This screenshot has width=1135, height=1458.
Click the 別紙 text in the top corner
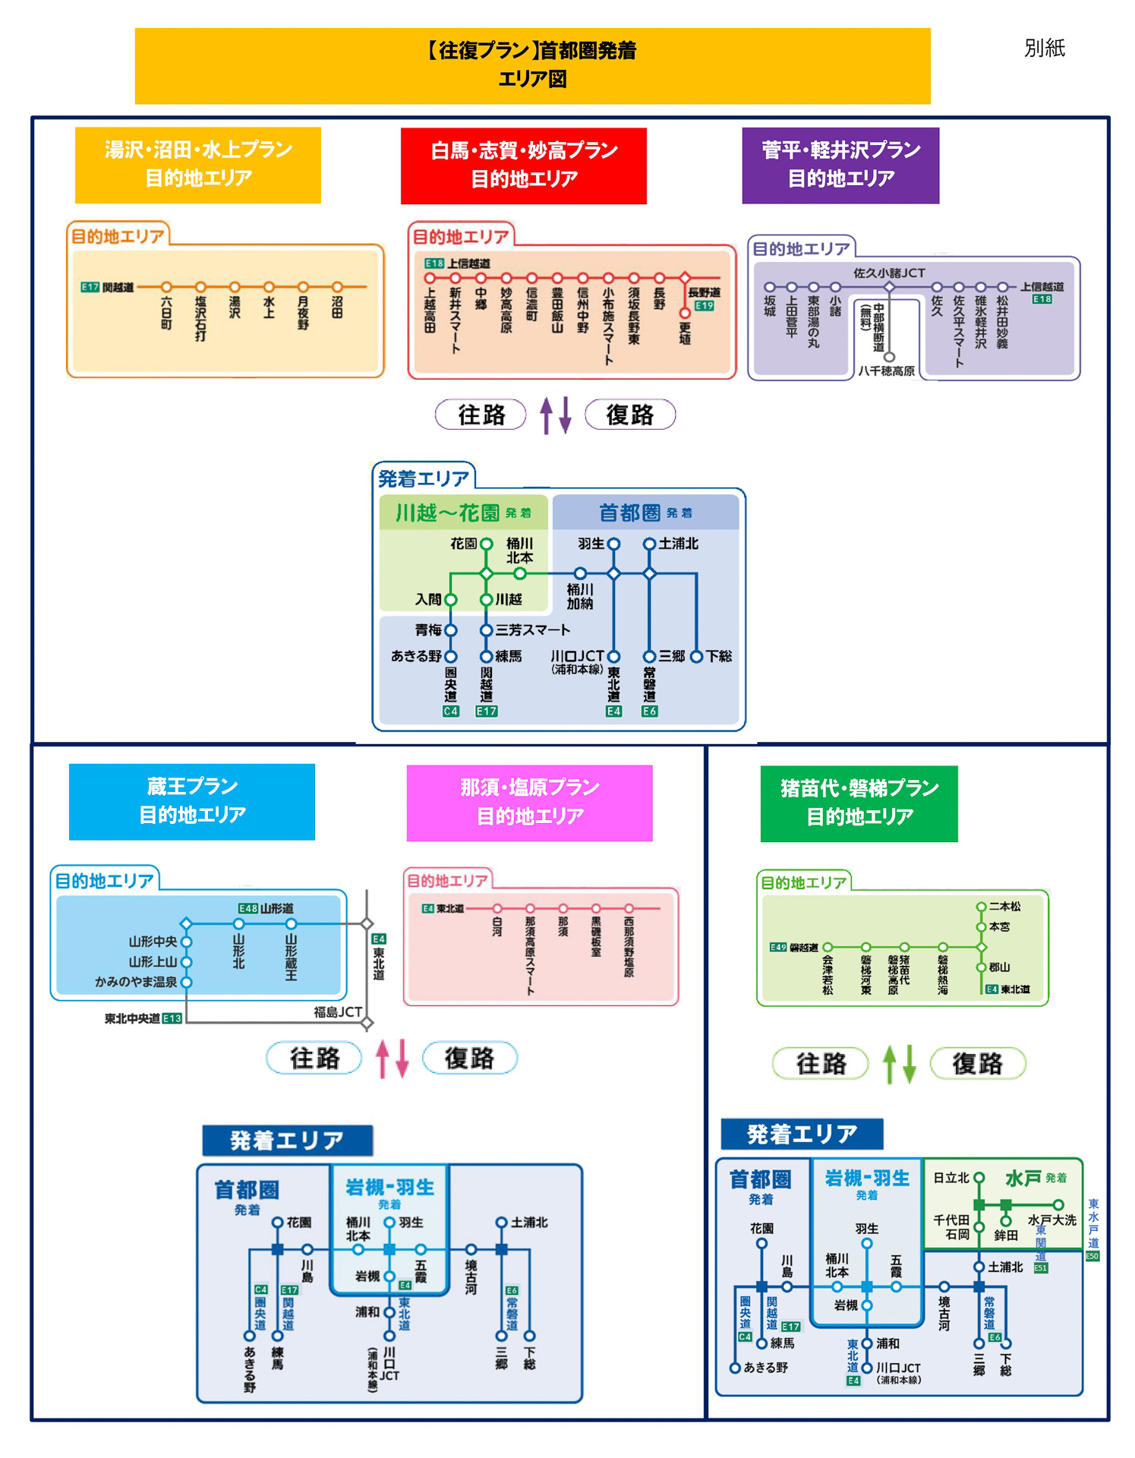(x=1044, y=48)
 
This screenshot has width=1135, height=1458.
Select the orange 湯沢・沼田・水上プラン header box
(x=197, y=164)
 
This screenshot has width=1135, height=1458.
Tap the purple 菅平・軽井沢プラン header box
(x=840, y=165)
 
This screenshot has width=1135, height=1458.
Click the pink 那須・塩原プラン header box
(x=529, y=802)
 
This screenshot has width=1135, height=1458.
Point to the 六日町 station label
(x=166, y=313)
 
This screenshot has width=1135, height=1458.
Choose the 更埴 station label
(x=685, y=333)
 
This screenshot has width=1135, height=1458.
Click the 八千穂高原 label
(x=886, y=371)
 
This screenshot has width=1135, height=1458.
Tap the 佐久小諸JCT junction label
(x=889, y=273)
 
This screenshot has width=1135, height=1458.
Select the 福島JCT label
(x=337, y=1011)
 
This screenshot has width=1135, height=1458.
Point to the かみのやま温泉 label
(x=136, y=982)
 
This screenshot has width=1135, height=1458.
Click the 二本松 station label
(x=1004, y=906)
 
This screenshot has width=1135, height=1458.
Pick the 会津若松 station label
(x=827, y=974)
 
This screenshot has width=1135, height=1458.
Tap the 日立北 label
(x=951, y=1178)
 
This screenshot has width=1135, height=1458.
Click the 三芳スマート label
(x=532, y=630)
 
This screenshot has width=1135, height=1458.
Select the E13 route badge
(x=172, y=1018)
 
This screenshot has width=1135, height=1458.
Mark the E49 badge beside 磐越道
(x=778, y=947)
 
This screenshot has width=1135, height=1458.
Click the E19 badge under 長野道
(x=704, y=306)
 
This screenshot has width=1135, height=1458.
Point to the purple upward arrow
(x=546, y=415)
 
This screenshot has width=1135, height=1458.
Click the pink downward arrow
(x=402, y=1059)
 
